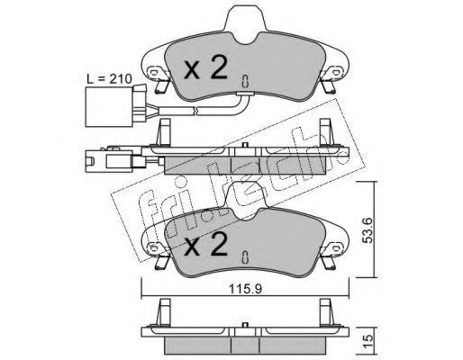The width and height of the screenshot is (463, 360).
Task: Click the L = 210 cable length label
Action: pos(109,79)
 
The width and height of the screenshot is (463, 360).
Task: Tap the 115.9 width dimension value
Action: pos(245,289)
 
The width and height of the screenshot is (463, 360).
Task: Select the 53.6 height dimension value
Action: pos(368,230)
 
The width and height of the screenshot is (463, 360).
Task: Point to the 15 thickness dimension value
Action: pos(368,338)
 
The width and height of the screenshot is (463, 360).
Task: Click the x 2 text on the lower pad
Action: pos(205,244)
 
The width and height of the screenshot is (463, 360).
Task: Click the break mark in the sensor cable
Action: pos(195,111)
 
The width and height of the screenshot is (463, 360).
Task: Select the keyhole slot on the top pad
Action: pos(245,81)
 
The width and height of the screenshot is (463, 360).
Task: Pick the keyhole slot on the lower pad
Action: pos(245,257)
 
